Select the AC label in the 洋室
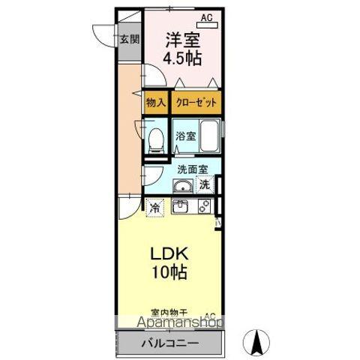[205, 16]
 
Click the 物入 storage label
[155, 103]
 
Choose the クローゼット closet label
[197, 103]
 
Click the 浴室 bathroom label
[185, 136]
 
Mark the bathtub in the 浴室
[210, 136]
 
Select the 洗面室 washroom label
[191, 169]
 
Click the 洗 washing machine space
[205, 184]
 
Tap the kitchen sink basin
[181, 207]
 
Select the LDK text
[171, 253]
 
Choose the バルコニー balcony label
[169, 343]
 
